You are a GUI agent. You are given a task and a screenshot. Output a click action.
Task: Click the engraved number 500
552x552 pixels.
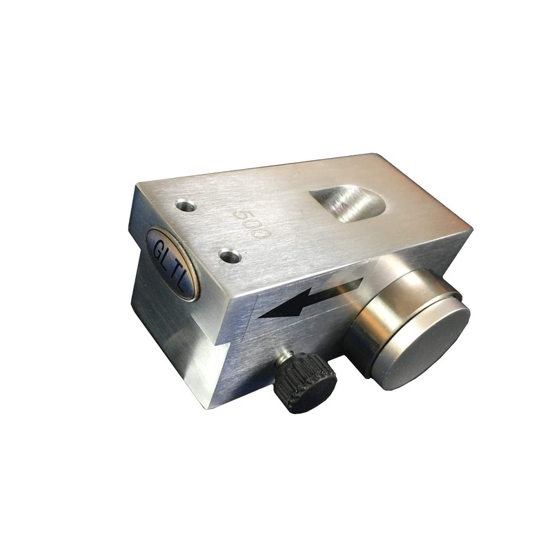[x=252, y=224]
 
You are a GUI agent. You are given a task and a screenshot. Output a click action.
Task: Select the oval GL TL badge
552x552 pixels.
[x=171, y=264]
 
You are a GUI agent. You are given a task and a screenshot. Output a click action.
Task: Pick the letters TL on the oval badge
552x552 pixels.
[x=179, y=277]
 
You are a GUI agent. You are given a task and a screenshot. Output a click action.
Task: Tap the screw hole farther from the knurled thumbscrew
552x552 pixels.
[x=186, y=205]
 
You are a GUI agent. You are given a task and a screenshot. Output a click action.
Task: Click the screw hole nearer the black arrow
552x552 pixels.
[x=230, y=255]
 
